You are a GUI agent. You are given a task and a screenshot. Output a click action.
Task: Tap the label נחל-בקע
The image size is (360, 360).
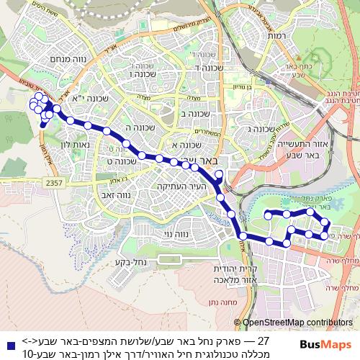click(x=132, y=261)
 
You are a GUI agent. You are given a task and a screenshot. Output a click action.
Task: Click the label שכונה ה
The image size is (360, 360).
click(x=136, y=127)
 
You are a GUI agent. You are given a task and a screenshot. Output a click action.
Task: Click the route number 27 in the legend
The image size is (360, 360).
click(x=262, y=341)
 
